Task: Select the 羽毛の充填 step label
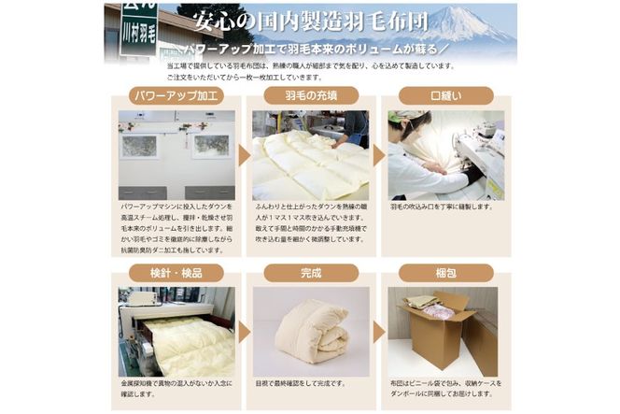[310, 95]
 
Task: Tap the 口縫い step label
[445, 95]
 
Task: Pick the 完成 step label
[310, 273]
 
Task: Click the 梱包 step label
[445, 273]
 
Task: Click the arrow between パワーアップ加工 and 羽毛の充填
[243, 155]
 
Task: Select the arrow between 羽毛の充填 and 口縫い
[378, 155]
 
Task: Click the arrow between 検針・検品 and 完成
[243, 332]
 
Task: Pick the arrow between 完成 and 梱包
[378, 332]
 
